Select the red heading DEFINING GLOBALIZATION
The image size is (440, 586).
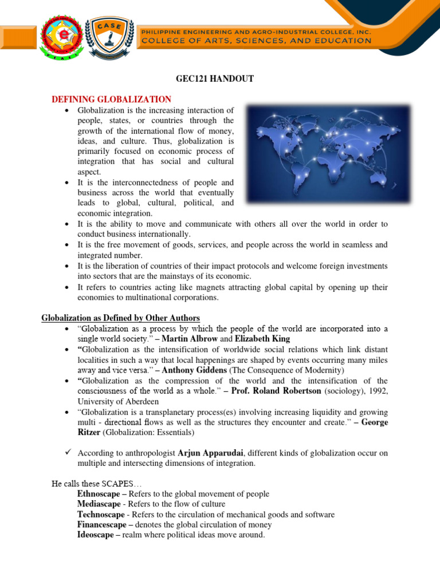(x=112, y=99)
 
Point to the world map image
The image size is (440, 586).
(x=328, y=153)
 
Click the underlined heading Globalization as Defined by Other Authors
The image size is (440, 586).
(x=120, y=318)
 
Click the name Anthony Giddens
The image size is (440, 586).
(x=195, y=370)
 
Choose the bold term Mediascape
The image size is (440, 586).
(x=99, y=504)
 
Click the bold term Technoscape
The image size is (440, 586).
(x=100, y=514)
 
